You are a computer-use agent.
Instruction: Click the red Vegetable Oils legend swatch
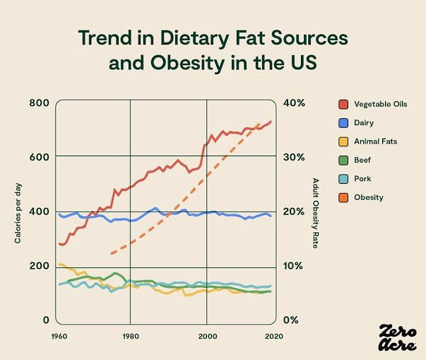pos(343,104)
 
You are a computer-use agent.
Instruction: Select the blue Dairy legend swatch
pos(343,122)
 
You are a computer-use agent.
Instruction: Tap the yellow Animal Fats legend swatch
pos(343,141)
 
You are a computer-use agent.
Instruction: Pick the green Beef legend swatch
pos(343,160)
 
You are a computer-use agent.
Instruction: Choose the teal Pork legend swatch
pos(343,179)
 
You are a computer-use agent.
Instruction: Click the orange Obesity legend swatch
pos(343,197)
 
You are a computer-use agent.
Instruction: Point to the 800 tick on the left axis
pos(38,103)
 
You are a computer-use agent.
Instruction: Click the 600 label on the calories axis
pos(38,158)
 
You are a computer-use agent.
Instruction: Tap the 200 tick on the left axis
pos(38,267)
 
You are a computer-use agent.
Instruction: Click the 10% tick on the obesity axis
pos(296,267)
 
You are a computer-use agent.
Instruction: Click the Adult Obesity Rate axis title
pos(315,213)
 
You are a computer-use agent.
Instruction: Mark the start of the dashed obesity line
pos(112,253)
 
